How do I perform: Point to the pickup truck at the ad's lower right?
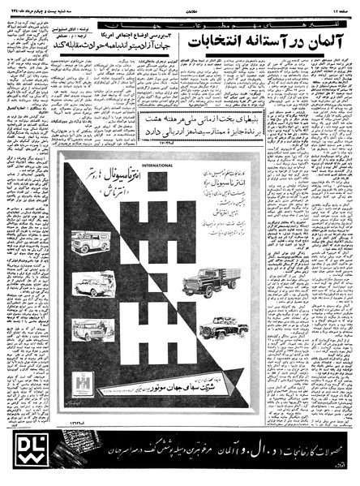tap(229, 327)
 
